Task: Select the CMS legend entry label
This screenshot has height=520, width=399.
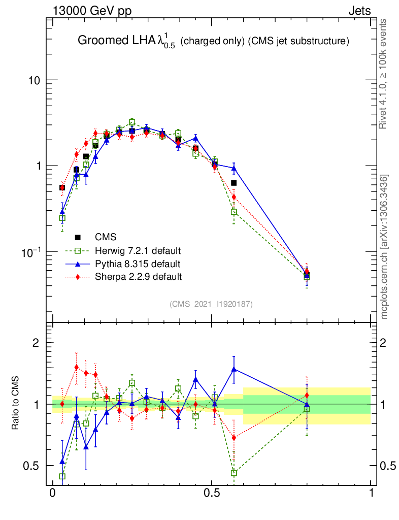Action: [x=106, y=237]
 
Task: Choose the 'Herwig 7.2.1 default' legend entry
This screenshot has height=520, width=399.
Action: [x=138, y=251]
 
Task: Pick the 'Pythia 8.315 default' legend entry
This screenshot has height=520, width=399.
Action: [x=137, y=264]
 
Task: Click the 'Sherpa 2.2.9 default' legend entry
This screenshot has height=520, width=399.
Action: [x=138, y=277]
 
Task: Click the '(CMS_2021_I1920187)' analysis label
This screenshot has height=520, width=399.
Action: [x=211, y=304]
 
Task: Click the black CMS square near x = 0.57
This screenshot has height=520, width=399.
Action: [x=234, y=183]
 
